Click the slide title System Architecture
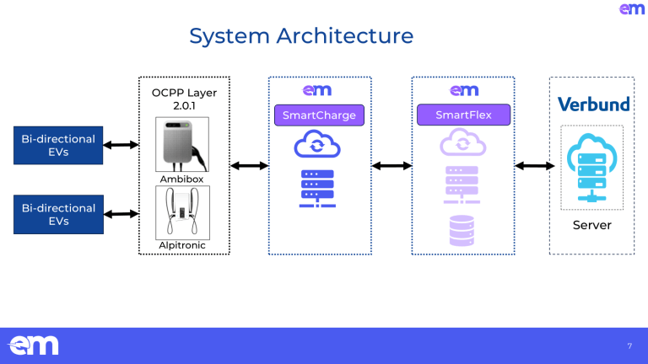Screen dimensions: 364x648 [x=301, y=36]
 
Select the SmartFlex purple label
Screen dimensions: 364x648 [x=464, y=115]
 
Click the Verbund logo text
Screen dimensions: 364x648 [x=593, y=104]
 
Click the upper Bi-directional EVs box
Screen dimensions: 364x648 [x=59, y=145]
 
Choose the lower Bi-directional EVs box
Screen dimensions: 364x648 [x=59, y=214]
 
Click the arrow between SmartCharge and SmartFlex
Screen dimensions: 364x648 [x=391, y=166]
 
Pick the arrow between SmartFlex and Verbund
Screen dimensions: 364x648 [x=532, y=166]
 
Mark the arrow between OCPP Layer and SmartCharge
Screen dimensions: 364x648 [x=249, y=166]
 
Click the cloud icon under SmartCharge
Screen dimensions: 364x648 [x=316, y=145]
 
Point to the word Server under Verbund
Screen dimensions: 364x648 [x=593, y=225]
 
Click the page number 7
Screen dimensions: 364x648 [x=629, y=345]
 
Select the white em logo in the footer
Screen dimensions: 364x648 [x=34, y=345]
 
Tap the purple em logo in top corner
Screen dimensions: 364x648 [x=632, y=9]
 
